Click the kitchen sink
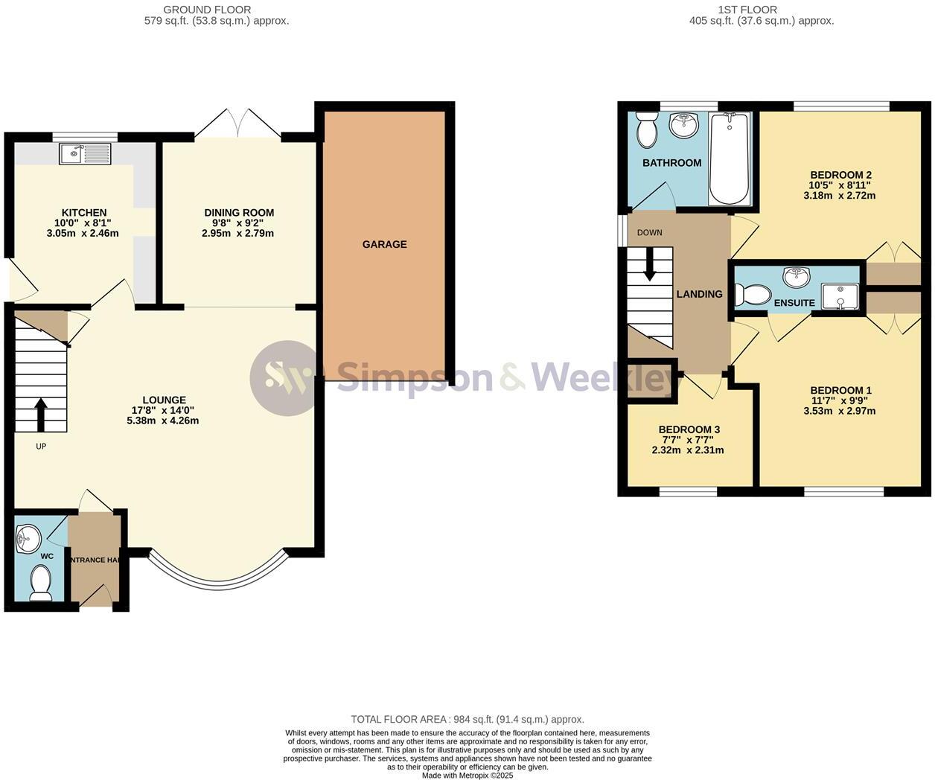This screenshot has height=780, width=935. pyautogui.click(x=85, y=154)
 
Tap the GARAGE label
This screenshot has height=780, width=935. pyautogui.click(x=384, y=244)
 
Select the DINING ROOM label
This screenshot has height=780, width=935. pyautogui.click(x=239, y=213)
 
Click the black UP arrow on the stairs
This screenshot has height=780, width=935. pyautogui.click(x=40, y=415)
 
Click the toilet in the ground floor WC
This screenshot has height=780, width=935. pyautogui.click(x=39, y=582)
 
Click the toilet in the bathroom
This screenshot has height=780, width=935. pyautogui.click(x=646, y=131)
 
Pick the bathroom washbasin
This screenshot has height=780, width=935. pyautogui.click(x=684, y=125)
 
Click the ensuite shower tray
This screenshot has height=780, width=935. pyautogui.click(x=839, y=296)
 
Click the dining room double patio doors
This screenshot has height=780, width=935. pyautogui.click(x=238, y=124)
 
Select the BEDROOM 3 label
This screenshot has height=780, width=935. pyautogui.click(x=689, y=429)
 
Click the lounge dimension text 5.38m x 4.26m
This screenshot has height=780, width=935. pyautogui.click(x=163, y=421)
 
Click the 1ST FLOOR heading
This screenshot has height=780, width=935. pyautogui.click(x=747, y=10)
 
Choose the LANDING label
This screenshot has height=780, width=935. pyautogui.click(x=699, y=294)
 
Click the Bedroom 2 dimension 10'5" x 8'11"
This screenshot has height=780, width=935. pyautogui.click(x=839, y=185)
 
